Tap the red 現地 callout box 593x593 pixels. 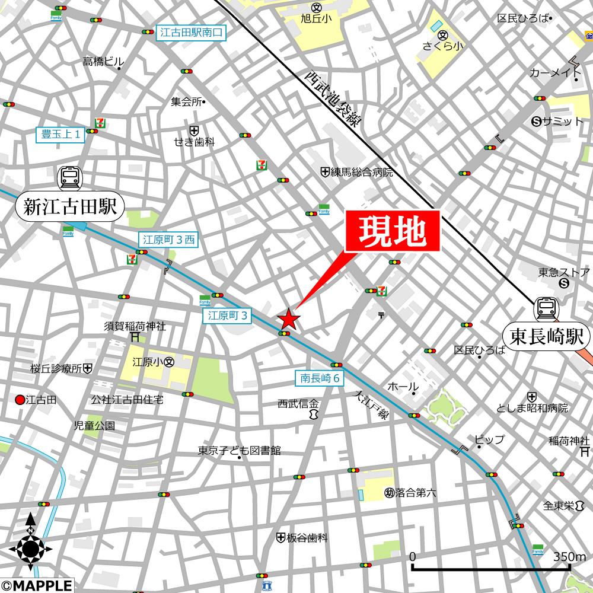393,231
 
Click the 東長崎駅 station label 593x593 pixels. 547,337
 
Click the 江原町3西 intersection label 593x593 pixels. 168,240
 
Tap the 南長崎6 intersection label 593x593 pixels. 319,377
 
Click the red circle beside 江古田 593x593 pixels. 20,400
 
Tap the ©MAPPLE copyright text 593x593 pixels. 37,586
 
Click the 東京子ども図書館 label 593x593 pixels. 239,451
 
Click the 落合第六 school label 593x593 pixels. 410,492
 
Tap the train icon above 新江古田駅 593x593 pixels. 69,176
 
